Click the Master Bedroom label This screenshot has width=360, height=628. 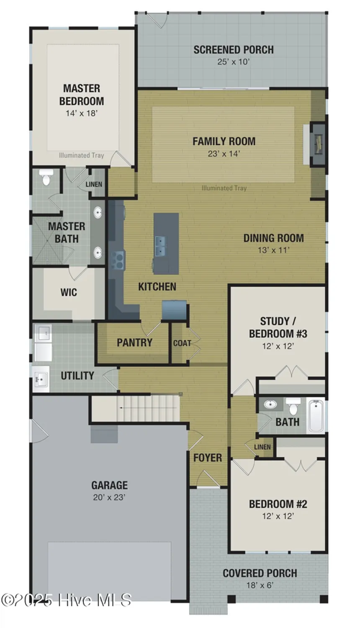(x=82, y=95)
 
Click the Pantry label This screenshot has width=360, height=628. (x=134, y=342)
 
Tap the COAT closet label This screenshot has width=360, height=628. (x=182, y=343)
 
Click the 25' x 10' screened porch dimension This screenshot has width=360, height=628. (x=233, y=62)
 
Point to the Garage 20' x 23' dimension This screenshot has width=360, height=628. (x=109, y=497)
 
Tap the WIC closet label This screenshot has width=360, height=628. (x=69, y=292)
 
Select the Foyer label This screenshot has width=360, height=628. (x=208, y=458)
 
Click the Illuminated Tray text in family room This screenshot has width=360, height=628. (x=224, y=188)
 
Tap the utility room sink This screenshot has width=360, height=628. (x=41, y=380)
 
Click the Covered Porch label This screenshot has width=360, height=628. (x=260, y=573)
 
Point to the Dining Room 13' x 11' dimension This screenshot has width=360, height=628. (x=273, y=250)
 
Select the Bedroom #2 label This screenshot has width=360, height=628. (x=278, y=504)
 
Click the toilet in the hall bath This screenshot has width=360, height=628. (x=293, y=405)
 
